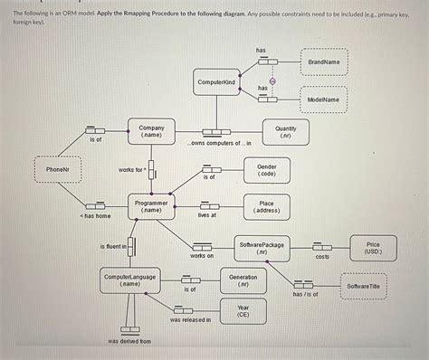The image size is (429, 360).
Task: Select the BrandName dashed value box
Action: [x=323, y=62]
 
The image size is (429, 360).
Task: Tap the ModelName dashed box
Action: [x=323, y=99]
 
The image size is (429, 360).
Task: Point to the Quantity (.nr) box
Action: [x=285, y=132]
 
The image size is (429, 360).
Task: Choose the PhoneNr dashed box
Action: [x=57, y=169]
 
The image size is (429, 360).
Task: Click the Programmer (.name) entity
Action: [x=151, y=207]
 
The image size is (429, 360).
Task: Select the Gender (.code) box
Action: [x=267, y=170]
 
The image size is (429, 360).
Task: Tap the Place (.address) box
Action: [x=267, y=207]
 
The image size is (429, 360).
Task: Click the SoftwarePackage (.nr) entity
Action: [x=261, y=247]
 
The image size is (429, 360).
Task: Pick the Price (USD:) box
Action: [x=373, y=247]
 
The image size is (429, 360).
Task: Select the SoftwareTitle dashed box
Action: [x=364, y=286]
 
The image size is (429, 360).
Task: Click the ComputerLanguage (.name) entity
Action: [x=130, y=279]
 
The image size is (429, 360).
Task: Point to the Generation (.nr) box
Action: [x=243, y=279]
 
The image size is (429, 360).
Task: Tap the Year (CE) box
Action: [x=243, y=311]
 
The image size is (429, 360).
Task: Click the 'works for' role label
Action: [x=131, y=170]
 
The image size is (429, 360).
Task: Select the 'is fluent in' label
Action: [x=112, y=246]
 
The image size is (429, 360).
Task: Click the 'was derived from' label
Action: [x=129, y=341]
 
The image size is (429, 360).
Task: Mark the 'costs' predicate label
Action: [x=322, y=257]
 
